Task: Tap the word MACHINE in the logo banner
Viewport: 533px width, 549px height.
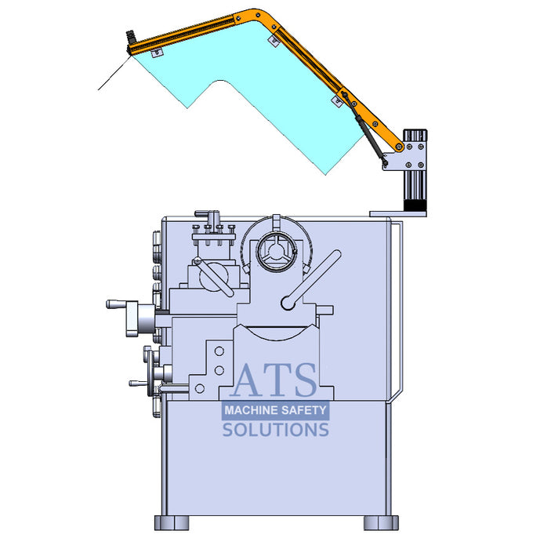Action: click(250, 410)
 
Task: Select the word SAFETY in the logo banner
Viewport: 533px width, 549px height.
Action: click(304, 410)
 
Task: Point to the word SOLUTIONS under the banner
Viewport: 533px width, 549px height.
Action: click(275, 430)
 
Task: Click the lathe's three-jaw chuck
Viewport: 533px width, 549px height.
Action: click(276, 251)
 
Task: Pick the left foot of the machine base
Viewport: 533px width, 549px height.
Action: click(172, 523)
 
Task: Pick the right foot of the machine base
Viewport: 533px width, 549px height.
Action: click(381, 523)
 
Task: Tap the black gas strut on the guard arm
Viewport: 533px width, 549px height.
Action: click(364, 128)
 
